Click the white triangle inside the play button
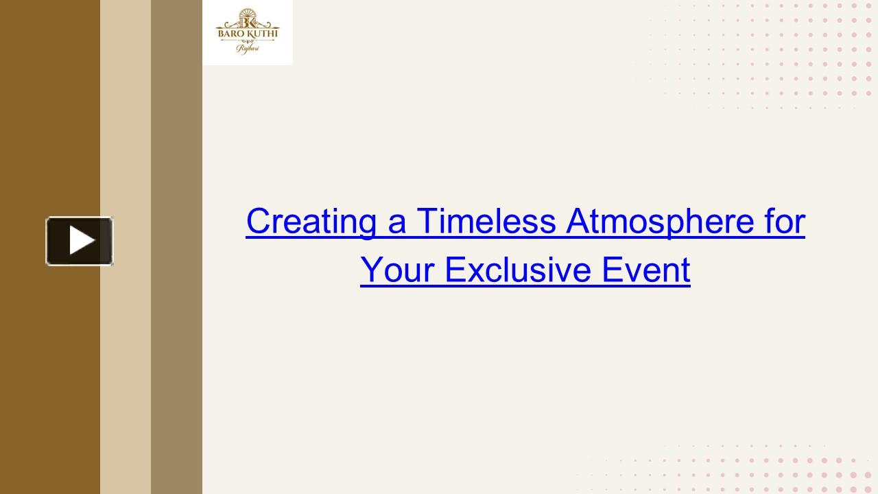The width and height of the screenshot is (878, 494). (81, 241)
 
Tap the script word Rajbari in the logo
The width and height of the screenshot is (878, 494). (248, 49)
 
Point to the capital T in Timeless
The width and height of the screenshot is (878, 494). (426, 222)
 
